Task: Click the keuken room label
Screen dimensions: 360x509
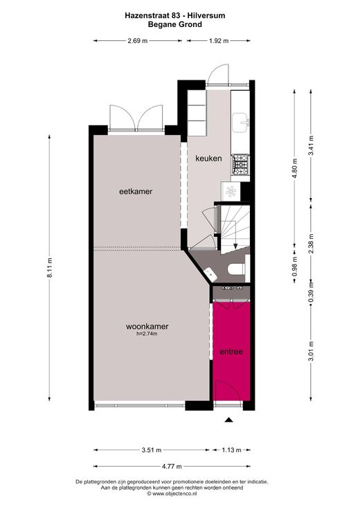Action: click(208, 159)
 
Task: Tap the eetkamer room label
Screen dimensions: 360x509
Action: click(136, 192)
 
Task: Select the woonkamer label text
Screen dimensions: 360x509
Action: click(147, 327)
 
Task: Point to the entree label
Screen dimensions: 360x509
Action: click(231, 352)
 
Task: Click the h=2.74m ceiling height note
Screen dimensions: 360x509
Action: click(147, 334)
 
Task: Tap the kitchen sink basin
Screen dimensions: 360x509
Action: click(241, 123)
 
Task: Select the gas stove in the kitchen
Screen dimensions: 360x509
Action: click(240, 164)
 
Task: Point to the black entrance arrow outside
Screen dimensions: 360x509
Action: click(229, 420)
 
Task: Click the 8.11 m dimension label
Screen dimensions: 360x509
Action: click(50, 268)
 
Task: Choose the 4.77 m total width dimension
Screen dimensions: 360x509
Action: click(172, 467)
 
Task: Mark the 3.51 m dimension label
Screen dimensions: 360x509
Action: click(152, 450)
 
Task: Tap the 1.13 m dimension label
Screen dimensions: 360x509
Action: click(231, 450)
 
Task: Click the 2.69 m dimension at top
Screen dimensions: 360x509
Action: click(138, 41)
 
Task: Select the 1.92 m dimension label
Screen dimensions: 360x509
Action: click(219, 41)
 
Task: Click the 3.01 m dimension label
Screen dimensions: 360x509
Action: click(311, 351)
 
